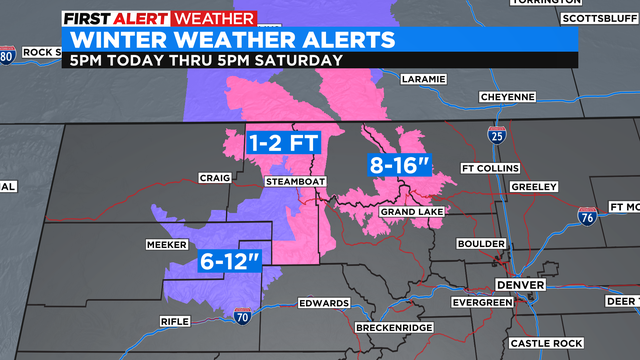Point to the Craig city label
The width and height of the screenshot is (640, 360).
(x=215, y=178)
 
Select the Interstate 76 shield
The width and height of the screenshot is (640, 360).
(x=588, y=215)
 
